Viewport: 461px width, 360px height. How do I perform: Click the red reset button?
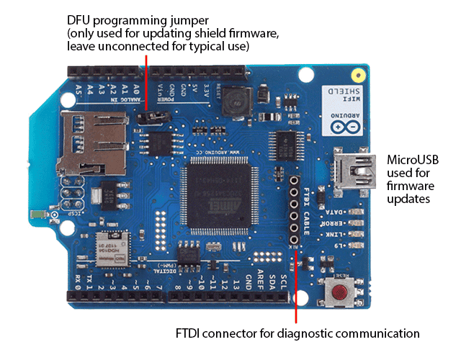[x=339, y=292]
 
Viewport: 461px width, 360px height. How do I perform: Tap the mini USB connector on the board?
[x=354, y=171]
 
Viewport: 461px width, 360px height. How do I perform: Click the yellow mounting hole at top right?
[x=356, y=75]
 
